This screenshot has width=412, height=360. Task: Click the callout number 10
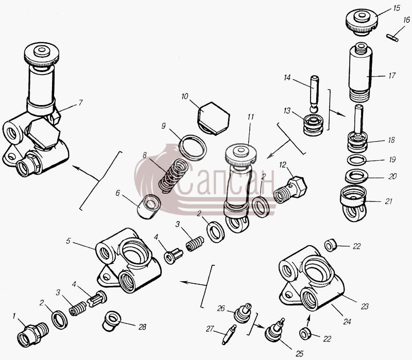click(185, 96)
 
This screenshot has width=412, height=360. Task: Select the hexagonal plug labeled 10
click(213, 118)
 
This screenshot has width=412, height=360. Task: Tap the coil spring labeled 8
click(174, 175)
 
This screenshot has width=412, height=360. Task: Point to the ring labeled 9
click(193, 147)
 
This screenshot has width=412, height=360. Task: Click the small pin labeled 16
click(392, 38)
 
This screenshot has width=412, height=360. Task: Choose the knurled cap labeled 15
click(362, 23)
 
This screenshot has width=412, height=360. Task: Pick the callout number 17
click(392, 76)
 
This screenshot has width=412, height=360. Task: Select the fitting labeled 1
click(33, 335)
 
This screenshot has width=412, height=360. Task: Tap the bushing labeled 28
click(111, 320)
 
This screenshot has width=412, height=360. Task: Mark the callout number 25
click(300, 354)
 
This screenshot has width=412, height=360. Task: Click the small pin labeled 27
click(229, 335)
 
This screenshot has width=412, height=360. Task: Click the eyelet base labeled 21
click(354, 203)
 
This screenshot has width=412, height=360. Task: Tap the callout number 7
click(81, 102)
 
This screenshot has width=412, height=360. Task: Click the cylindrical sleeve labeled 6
click(149, 207)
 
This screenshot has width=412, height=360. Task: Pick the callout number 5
click(68, 241)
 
